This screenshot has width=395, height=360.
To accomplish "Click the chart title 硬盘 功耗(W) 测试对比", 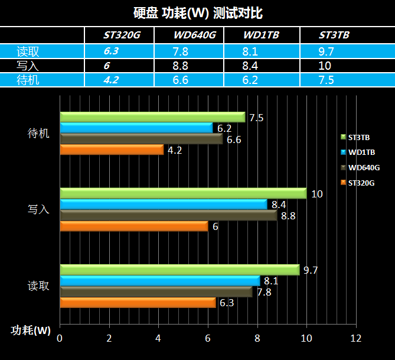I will pos(197,12).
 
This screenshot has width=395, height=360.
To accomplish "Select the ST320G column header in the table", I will pos(122,35).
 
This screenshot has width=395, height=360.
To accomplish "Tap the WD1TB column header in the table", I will pos(261,35).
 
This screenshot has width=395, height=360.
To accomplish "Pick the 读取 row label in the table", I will pos(28,51).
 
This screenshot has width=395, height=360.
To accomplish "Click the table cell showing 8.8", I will pos(180,66).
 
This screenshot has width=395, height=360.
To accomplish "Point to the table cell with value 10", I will pos(326,66).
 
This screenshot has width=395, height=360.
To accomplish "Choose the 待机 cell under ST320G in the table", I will pos(111,80).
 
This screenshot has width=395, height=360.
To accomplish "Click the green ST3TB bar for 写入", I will pos(183,194).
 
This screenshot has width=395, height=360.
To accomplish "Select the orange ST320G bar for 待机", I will pos(112,150).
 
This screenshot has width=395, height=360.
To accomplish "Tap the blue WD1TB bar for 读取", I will pos(159,281).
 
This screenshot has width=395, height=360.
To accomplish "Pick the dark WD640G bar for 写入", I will pos(168,216).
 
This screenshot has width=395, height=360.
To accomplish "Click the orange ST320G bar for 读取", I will pos(138,303).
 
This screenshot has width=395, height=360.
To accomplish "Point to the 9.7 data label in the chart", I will pos(311,271).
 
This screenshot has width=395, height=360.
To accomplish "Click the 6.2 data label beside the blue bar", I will pos(224,128).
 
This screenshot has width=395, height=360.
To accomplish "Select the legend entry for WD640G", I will pos(360,168).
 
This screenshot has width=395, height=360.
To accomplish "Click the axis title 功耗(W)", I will pos(31,330).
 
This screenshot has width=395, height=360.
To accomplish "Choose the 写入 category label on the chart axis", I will pos(38,210).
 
